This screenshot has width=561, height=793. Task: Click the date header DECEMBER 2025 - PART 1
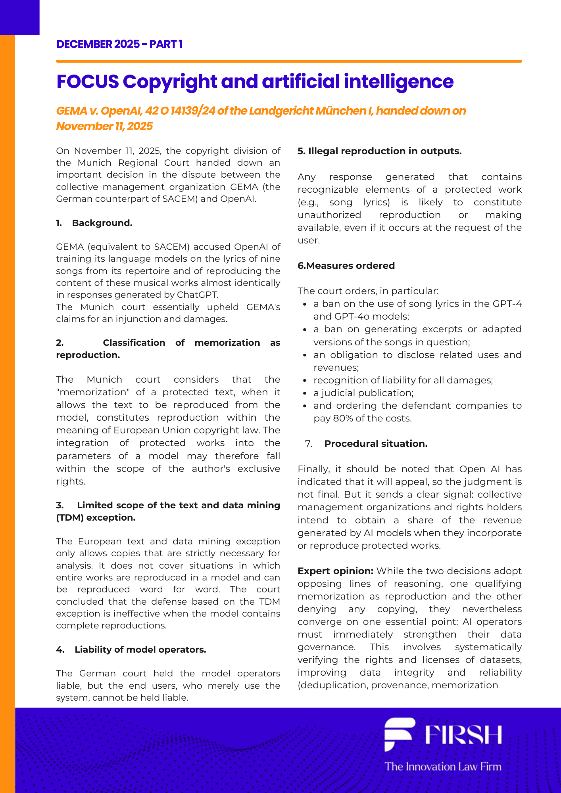click(x=119, y=44)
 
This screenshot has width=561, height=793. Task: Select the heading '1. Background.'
click(x=94, y=223)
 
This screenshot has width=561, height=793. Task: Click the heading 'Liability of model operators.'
click(x=140, y=649)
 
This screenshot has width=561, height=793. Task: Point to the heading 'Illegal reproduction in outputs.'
click(x=380, y=151)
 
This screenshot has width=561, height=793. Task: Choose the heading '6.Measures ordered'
click(x=346, y=266)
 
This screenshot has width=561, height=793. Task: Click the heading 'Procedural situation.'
click(x=375, y=444)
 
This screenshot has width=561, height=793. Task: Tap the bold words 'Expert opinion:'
click(x=335, y=571)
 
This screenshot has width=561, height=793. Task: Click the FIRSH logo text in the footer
click(x=463, y=735)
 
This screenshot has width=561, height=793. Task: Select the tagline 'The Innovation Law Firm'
click(x=443, y=766)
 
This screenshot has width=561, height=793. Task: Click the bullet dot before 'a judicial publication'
click(x=305, y=393)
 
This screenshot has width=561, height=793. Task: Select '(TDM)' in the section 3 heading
click(x=70, y=517)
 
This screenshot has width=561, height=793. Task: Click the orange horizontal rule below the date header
click(x=288, y=61)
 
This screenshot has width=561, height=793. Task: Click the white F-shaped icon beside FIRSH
click(x=399, y=734)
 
